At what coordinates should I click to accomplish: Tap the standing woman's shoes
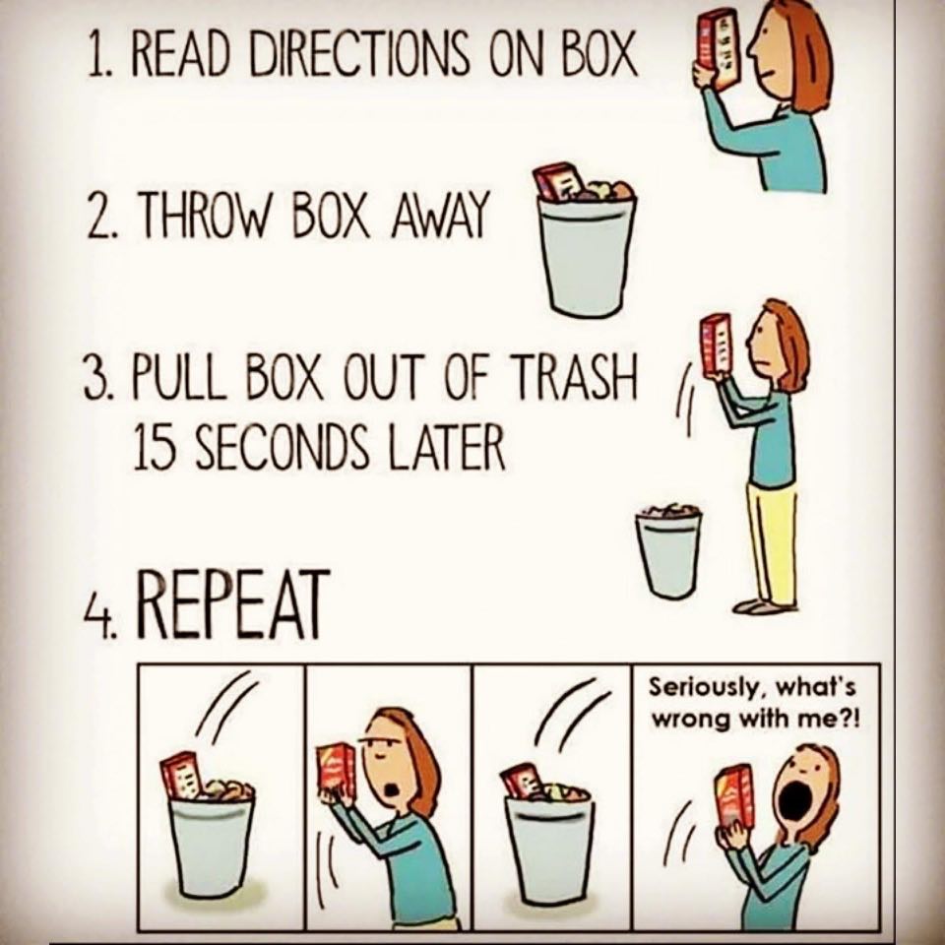762,606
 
